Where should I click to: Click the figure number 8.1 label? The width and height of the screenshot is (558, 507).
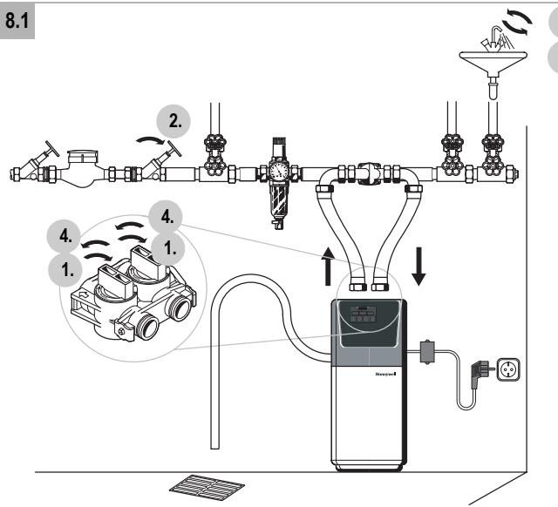pyautogui.click(x=17, y=20)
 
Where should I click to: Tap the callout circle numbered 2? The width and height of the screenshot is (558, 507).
pyautogui.click(x=174, y=121)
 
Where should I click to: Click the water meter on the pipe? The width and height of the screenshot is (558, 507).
pyautogui.click(x=83, y=168)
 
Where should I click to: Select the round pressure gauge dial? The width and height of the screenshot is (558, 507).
pyautogui.click(x=279, y=171)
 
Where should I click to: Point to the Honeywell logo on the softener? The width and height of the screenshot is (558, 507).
pyautogui.click(x=385, y=374)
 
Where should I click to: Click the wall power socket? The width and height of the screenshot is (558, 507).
pyautogui.click(x=508, y=369)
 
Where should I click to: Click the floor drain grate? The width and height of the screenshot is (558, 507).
pyautogui.click(x=207, y=487)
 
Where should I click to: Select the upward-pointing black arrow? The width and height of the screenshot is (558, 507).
pyautogui.click(x=328, y=267)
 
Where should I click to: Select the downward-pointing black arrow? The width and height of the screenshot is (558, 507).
pyautogui.click(x=418, y=267)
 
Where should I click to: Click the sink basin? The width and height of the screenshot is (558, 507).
pyautogui.click(x=493, y=61)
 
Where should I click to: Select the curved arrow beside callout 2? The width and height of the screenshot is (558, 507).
pyautogui.click(x=151, y=139)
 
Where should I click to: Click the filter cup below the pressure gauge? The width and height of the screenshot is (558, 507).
pyautogui.click(x=279, y=200)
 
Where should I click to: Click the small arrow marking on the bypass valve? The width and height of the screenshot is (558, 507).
pyautogui.click(x=84, y=294)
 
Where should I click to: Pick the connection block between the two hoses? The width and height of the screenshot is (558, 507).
pyautogui.click(x=370, y=173)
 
